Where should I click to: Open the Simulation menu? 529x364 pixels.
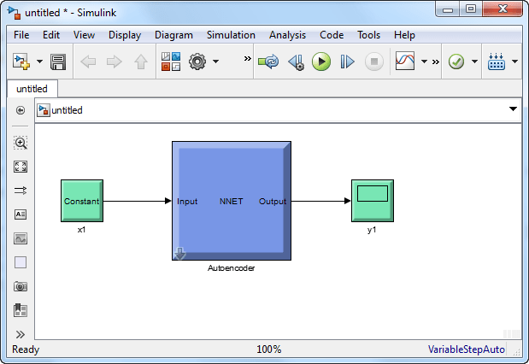tap(231, 35)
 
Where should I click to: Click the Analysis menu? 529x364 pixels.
tap(287, 35)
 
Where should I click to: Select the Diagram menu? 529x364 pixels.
tap(173, 35)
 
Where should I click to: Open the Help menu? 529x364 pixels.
tap(404, 35)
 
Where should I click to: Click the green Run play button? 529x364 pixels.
tap(321, 62)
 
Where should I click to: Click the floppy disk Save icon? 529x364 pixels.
tap(58, 62)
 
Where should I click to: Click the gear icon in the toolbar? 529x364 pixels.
tap(197, 62)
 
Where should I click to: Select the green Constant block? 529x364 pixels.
tap(82, 201)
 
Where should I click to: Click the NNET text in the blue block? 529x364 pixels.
tap(231, 202)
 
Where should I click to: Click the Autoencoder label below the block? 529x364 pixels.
tap(231, 268)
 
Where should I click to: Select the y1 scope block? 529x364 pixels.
tap(373, 201)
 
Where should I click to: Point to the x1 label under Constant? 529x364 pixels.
tap(82, 230)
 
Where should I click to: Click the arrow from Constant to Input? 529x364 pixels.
tap(138, 201)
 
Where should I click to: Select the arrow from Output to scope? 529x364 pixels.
tap(321, 201)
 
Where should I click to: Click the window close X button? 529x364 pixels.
tap(503, 9)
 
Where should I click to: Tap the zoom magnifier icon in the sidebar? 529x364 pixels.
tap(21, 143)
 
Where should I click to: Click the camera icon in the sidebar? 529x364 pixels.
tap(21, 286)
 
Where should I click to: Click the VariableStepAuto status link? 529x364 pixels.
tap(467, 349)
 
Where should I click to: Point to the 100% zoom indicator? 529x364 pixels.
tap(269, 349)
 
